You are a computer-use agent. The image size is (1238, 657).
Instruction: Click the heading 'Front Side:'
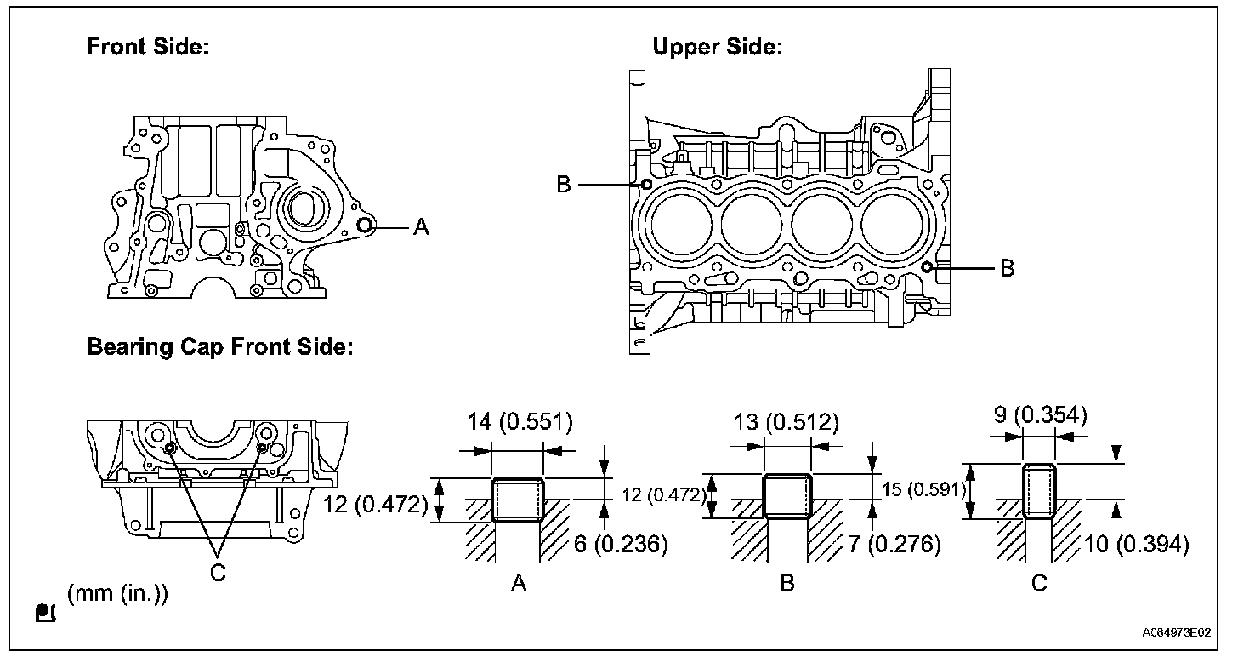point(148,47)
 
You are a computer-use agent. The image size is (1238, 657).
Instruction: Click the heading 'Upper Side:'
point(718,47)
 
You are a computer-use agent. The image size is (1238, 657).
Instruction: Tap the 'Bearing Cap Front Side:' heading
point(220,347)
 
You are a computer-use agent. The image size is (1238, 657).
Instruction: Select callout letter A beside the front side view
point(421,226)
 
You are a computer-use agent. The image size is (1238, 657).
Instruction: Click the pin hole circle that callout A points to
point(365,225)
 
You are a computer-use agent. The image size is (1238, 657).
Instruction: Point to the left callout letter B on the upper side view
point(563,184)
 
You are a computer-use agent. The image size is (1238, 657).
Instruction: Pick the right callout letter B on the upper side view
point(1008,268)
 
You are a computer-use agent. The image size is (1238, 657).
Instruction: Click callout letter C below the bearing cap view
point(218,573)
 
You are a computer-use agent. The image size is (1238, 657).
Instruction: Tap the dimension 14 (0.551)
point(520,422)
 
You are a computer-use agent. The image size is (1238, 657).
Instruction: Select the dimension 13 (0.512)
point(786,422)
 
